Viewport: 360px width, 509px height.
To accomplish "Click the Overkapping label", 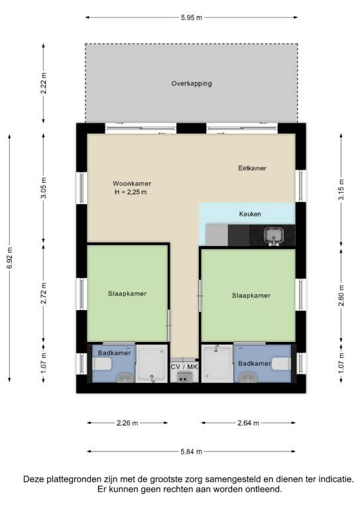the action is tap(192, 84).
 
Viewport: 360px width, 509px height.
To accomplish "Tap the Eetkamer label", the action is tap(252, 168).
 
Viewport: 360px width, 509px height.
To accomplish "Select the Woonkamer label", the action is tap(132, 184).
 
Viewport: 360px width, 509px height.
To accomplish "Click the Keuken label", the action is tap(250, 214).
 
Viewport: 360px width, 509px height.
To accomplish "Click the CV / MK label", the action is tap(184, 367).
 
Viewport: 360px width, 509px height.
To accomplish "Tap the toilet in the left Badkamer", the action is tap(102, 364).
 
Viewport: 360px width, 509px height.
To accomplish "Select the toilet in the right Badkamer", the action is tap(281, 364).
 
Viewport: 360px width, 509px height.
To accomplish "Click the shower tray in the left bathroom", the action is tap(152, 363).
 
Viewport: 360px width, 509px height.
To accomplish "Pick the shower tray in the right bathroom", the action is tap(217, 363).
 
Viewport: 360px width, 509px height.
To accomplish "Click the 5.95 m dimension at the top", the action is tap(192, 17).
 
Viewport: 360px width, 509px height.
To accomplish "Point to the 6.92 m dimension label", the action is tap(10, 258).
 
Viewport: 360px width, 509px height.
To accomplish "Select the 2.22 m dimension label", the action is tap(44, 83).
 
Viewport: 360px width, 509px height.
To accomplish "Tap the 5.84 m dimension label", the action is tap(192, 451).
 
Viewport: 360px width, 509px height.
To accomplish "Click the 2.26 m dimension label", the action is tap(127, 423).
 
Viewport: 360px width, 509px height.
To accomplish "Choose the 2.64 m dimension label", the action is tap(249, 423).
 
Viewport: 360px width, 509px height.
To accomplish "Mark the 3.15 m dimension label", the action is tap(341, 190).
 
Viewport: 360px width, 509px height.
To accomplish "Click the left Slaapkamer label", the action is tap(127, 294).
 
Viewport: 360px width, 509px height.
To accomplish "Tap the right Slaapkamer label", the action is tap(251, 296).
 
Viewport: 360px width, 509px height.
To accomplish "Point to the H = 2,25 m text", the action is tap(131, 192).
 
